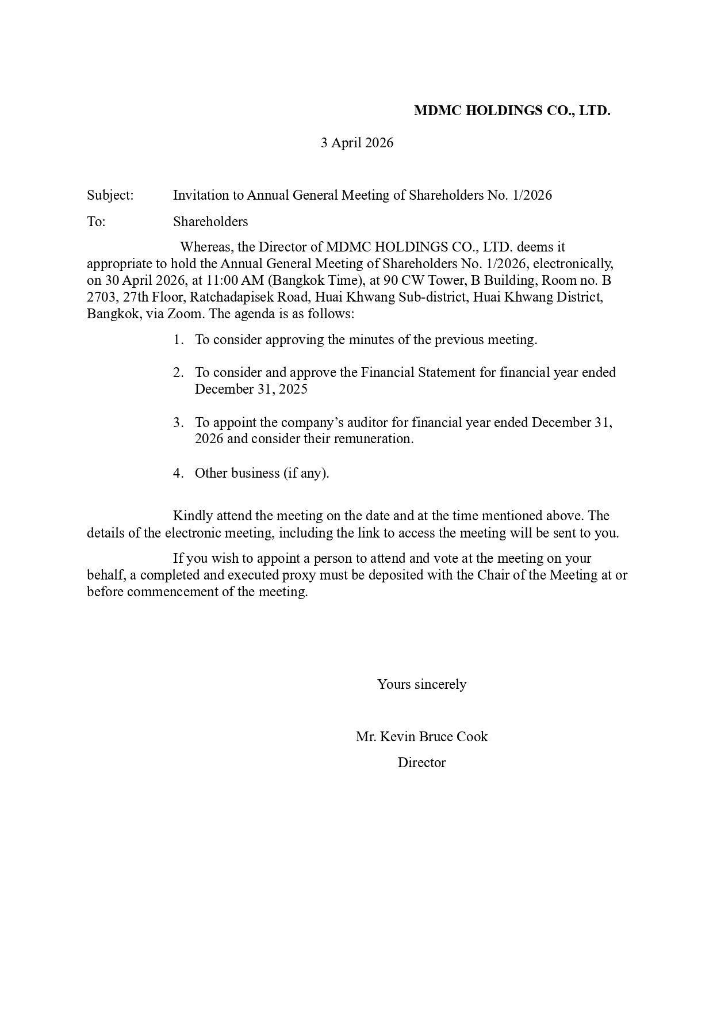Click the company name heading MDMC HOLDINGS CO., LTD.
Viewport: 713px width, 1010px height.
click(512, 110)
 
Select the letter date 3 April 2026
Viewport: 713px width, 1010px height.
click(356, 143)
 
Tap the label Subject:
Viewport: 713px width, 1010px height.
click(110, 195)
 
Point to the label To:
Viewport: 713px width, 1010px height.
click(96, 222)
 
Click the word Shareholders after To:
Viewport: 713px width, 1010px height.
click(210, 222)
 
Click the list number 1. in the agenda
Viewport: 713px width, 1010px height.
click(178, 340)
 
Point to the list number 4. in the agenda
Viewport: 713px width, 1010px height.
click(178, 473)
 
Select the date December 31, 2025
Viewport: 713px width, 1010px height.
click(251, 389)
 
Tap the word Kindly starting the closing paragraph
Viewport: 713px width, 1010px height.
click(193, 516)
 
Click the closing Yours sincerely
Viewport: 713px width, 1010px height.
click(421, 684)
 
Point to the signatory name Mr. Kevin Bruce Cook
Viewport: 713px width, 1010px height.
click(421, 737)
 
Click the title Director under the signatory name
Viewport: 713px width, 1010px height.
click(421, 763)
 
